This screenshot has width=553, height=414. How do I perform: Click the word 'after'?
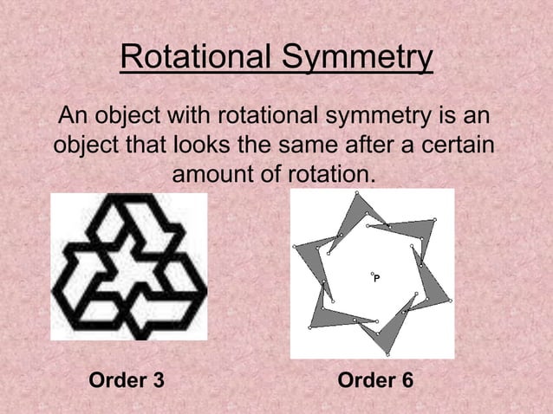392,144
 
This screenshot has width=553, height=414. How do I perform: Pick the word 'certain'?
461,144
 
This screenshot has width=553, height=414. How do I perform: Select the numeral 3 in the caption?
158,381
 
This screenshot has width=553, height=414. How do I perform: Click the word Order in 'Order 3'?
119,381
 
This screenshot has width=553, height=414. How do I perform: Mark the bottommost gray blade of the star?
386,333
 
